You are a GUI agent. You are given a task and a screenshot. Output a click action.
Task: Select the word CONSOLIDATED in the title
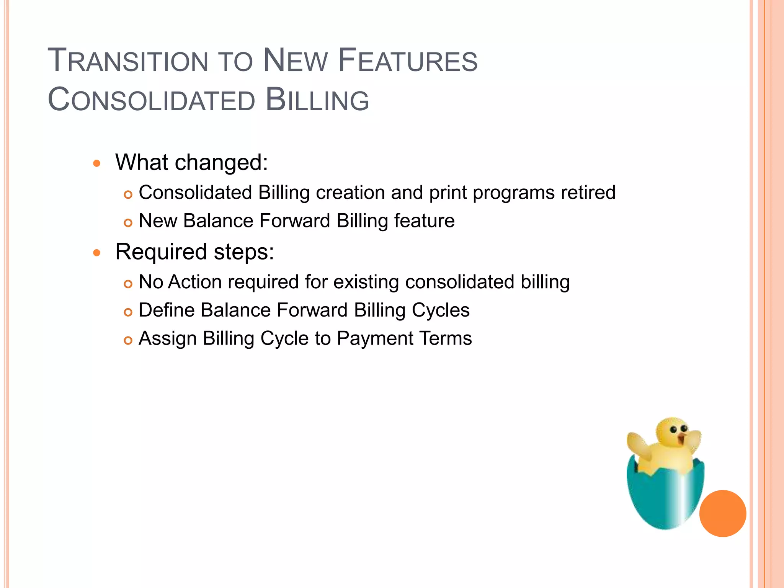click(x=152, y=100)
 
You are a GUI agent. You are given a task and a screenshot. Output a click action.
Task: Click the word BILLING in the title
click(x=317, y=100)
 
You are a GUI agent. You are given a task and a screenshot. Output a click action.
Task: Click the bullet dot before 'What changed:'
click(x=97, y=164)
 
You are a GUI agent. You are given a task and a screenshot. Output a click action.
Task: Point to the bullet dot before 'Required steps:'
click(x=97, y=253)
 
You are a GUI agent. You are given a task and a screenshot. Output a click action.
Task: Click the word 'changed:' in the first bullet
click(x=221, y=163)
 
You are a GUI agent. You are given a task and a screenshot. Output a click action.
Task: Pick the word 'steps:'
click(x=244, y=252)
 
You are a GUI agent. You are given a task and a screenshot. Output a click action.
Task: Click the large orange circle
click(x=722, y=513)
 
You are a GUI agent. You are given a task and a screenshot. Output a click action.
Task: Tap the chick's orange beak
click(x=681, y=438)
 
